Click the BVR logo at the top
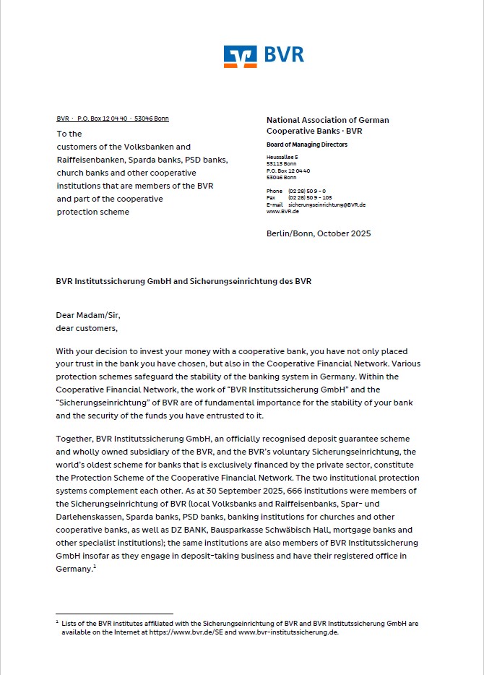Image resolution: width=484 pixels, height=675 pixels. pyautogui.click(x=264, y=56)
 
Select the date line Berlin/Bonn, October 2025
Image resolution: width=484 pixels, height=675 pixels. pyautogui.click(x=319, y=233)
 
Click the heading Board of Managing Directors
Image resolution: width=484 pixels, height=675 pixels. pyautogui.click(x=307, y=145)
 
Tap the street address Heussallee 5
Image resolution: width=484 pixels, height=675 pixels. pyautogui.click(x=282, y=157)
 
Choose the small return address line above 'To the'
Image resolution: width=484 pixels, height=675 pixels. pyautogui.click(x=112, y=119)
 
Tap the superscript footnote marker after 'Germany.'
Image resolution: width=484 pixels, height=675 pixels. pyautogui.click(x=95, y=567)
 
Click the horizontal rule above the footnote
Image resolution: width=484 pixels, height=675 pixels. pyautogui.click(x=114, y=614)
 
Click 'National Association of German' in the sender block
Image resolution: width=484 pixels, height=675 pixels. pyautogui.click(x=327, y=120)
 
